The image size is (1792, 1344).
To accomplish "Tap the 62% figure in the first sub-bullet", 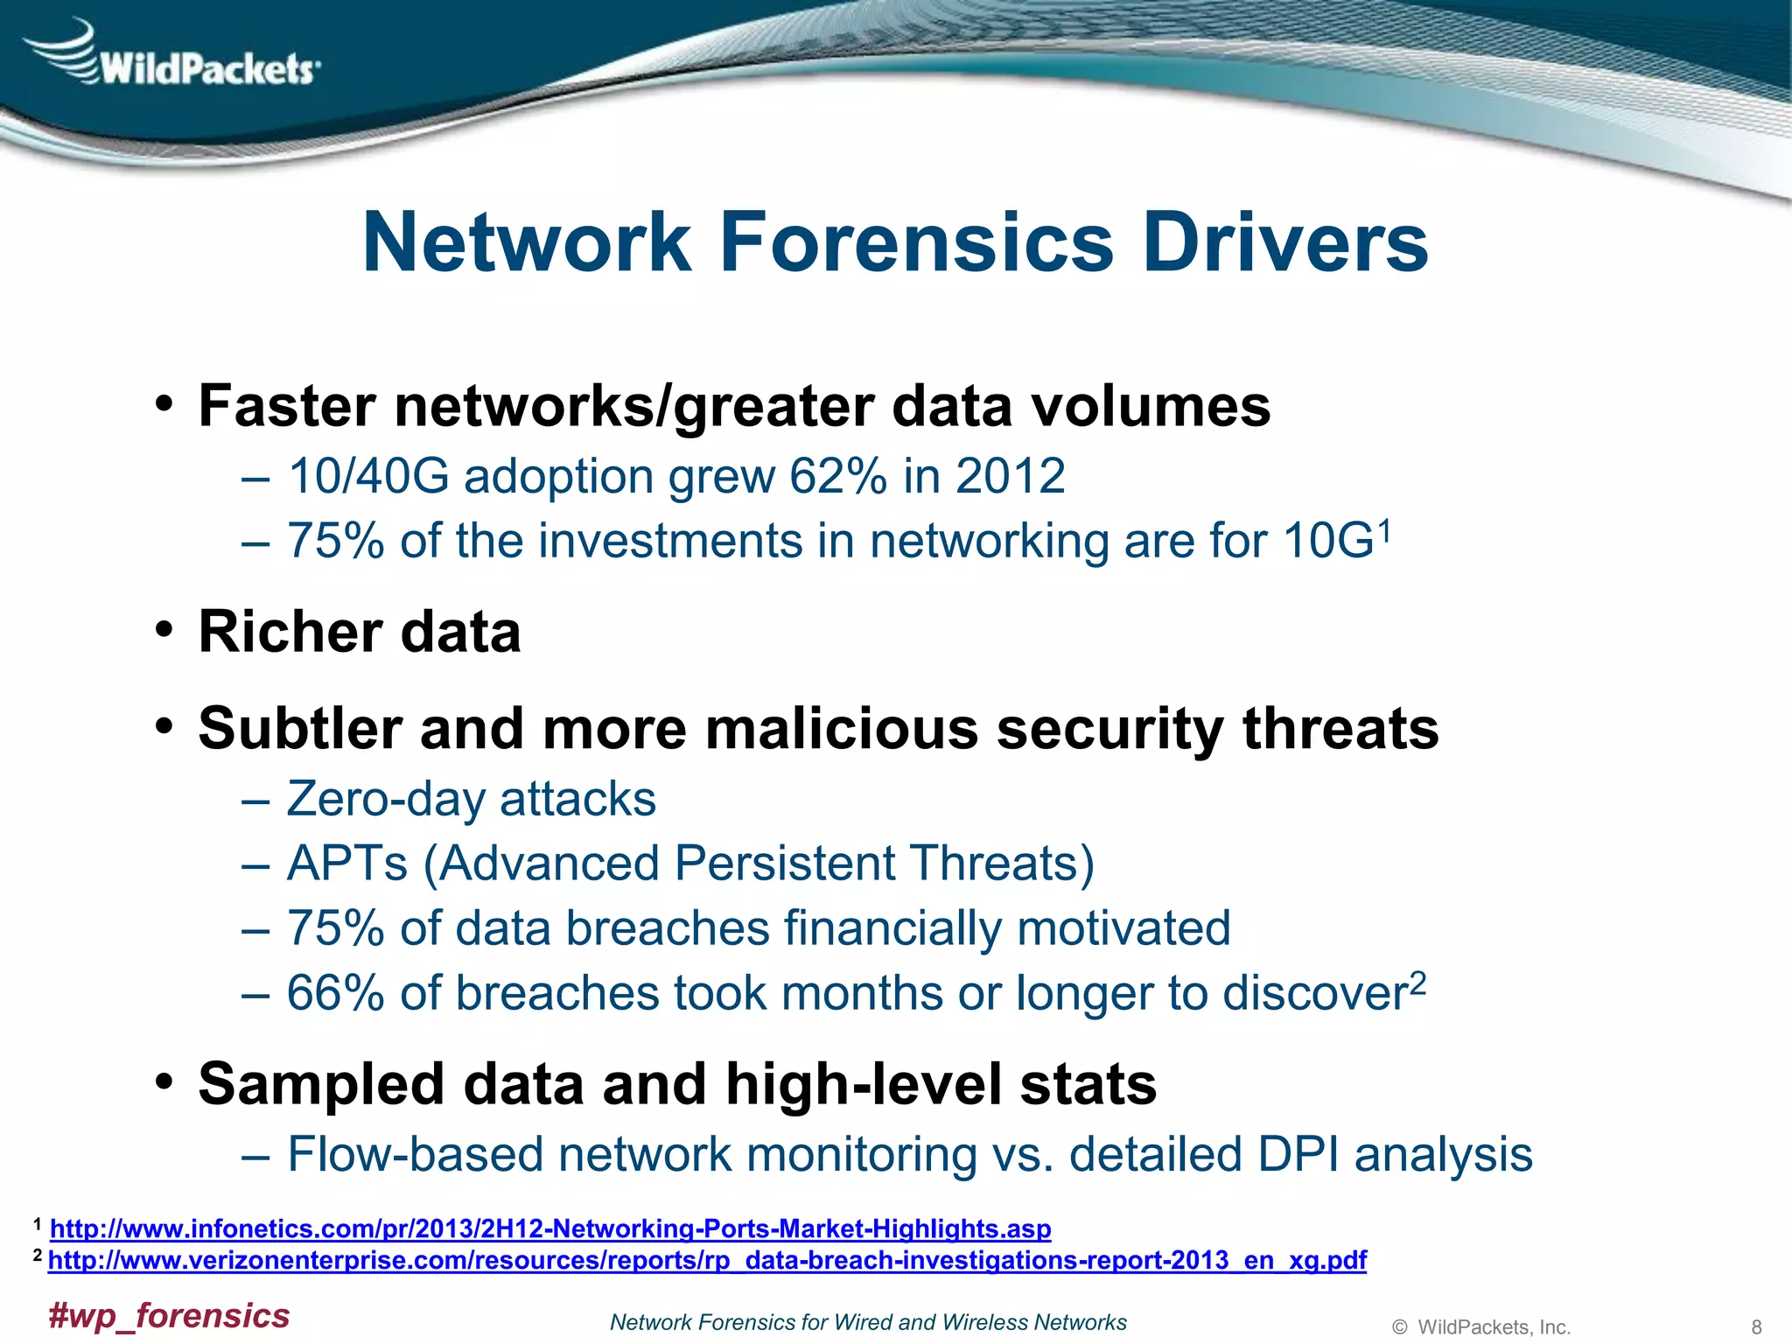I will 838,477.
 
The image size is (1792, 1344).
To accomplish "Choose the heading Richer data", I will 360,632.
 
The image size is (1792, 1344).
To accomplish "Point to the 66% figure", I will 335,994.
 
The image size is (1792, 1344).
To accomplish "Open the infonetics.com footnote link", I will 550,1228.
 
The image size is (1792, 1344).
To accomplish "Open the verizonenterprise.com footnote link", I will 707,1260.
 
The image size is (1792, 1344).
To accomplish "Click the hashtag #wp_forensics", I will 169,1316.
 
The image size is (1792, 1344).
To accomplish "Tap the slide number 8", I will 1755,1327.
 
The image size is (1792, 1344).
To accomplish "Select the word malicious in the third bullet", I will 841,729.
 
